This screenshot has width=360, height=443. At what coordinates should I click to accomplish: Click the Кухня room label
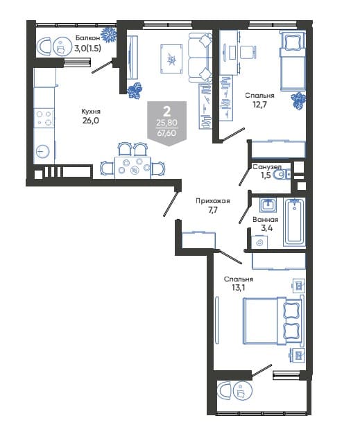[91, 112]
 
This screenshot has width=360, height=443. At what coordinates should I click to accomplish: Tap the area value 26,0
[91, 121]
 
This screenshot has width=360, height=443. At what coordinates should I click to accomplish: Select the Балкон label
[87, 38]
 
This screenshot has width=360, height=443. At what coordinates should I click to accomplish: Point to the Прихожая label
[213, 201]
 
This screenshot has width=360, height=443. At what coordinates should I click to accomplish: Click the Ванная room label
[266, 220]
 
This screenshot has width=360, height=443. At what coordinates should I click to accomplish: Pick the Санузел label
[267, 166]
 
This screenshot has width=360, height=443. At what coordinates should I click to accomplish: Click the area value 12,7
[259, 105]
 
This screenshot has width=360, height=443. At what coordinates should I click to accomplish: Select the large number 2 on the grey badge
[167, 112]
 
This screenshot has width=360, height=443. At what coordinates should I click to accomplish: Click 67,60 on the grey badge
[166, 132]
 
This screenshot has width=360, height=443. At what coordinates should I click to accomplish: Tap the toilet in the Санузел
[283, 175]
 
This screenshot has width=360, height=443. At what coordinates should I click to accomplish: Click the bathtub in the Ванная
[294, 223]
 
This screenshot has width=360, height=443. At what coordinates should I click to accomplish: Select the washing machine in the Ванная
[259, 242]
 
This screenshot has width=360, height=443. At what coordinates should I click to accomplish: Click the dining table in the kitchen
[132, 168]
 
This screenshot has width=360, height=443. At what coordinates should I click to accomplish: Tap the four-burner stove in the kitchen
[44, 118]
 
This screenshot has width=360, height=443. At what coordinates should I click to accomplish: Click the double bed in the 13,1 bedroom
[272, 321]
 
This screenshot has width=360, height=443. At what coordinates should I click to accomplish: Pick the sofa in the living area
[200, 58]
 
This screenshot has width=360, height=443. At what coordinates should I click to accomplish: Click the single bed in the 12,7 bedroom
[293, 60]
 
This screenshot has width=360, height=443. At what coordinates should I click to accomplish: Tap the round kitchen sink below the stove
[43, 152]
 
